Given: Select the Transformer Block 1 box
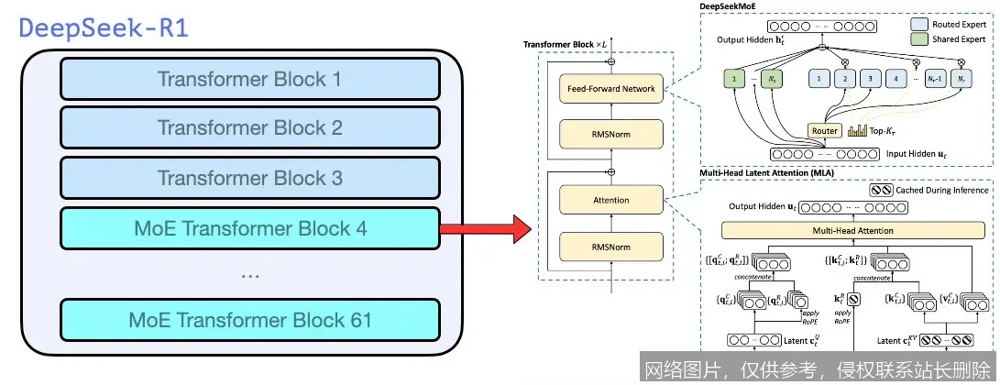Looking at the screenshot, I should click(x=249, y=80).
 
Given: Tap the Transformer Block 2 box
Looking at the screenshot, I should click(x=249, y=128).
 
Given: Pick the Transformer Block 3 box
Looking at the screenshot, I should click(x=249, y=177).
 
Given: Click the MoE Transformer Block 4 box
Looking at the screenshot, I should click(x=249, y=227).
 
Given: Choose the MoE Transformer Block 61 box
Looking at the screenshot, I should click(x=249, y=320).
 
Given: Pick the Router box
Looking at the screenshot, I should click(x=825, y=131).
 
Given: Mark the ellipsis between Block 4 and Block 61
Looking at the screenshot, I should click(x=249, y=274).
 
